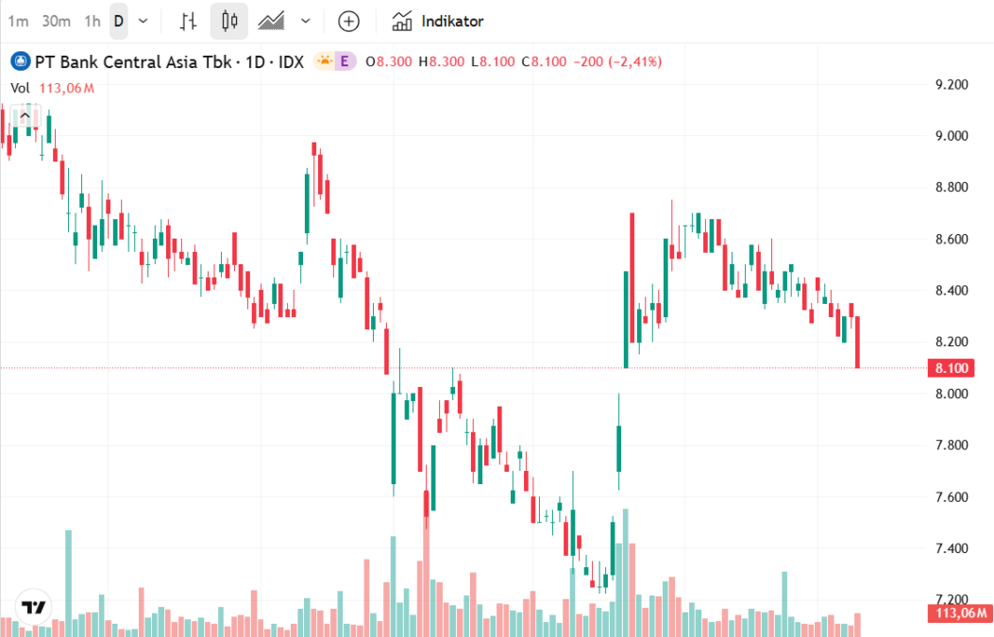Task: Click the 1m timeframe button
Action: click(x=18, y=21)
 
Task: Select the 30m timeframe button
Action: click(x=57, y=21)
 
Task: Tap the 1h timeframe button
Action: click(x=92, y=21)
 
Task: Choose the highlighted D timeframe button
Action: click(x=119, y=21)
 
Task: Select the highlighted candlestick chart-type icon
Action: click(x=228, y=21)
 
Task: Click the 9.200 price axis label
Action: click(x=951, y=85)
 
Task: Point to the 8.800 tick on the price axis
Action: click(x=951, y=188)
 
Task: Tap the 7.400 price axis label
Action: click(x=951, y=548)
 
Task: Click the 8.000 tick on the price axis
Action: click(x=951, y=394)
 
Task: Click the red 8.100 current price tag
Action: click(x=952, y=368)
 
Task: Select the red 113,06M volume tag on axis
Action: click(x=960, y=613)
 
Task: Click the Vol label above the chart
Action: click(x=21, y=89)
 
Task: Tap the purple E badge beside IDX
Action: click(x=345, y=61)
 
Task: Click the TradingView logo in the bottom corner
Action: click(x=35, y=607)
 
